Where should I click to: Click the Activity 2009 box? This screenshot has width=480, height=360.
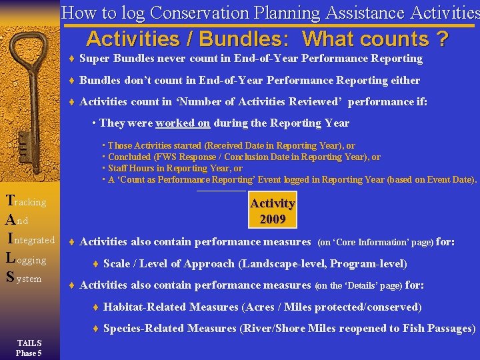[272, 211]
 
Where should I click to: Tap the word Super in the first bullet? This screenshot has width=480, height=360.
[95, 59]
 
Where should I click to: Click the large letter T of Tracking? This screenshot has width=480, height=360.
[9, 200]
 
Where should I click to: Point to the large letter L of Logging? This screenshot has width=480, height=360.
[10, 259]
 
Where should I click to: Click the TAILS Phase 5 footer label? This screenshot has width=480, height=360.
[29, 349]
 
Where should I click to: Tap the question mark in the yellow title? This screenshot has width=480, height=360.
[441, 39]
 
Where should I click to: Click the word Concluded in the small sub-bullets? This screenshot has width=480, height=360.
[129, 157]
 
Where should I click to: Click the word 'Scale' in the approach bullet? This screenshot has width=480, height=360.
[117, 264]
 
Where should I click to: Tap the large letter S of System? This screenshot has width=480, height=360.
[9, 278]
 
